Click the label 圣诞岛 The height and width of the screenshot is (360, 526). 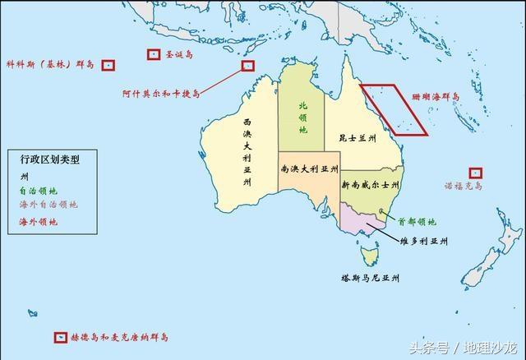click(x=178, y=55)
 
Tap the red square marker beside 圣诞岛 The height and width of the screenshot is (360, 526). click(x=153, y=55)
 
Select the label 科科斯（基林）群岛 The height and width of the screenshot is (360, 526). click(x=50, y=64)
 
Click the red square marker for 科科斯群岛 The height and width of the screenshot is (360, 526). click(x=108, y=65)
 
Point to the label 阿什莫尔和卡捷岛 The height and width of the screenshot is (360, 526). click(x=161, y=94)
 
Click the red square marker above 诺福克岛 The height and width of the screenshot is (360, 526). click(x=475, y=173)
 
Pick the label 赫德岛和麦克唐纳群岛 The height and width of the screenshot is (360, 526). click(x=118, y=338)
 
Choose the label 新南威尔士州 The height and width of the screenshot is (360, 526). click(x=371, y=185)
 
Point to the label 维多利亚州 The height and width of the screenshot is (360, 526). click(x=423, y=242)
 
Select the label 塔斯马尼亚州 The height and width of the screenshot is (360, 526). click(x=371, y=279)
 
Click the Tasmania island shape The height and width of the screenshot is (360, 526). click(x=370, y=257)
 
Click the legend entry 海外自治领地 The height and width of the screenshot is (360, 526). click(x=48, y=205)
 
